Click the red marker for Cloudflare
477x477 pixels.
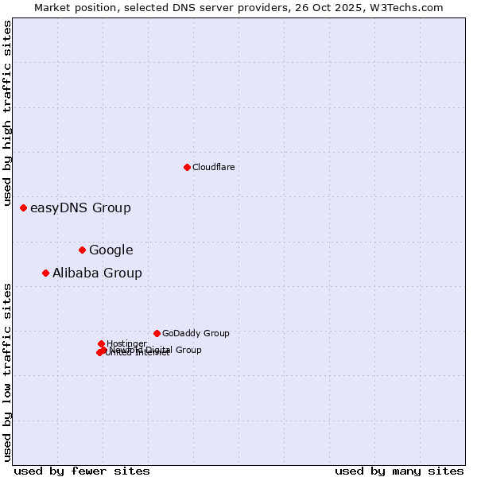[x=187, y=167]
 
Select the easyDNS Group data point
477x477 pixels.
[x=23, y=207]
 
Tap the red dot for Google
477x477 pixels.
[x=82, y=250]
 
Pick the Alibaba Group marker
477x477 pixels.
[x=45, y=273]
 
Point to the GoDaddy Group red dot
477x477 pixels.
[x=157, y=333]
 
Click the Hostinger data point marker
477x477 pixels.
[x=101, y=343]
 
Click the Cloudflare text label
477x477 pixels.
[x=213, y=167]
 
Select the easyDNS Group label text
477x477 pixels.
[x=80, y=208]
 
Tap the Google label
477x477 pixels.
[x=111, y=250]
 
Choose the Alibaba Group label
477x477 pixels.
[x=97, y=273]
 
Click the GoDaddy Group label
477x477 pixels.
[x=196, y=334]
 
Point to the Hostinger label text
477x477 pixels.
[x=126, y=343]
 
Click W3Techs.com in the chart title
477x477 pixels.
[x=412, y=7]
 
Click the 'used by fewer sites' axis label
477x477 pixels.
[x=82, y=471]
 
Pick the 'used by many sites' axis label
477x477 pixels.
[x=399, y=471]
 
